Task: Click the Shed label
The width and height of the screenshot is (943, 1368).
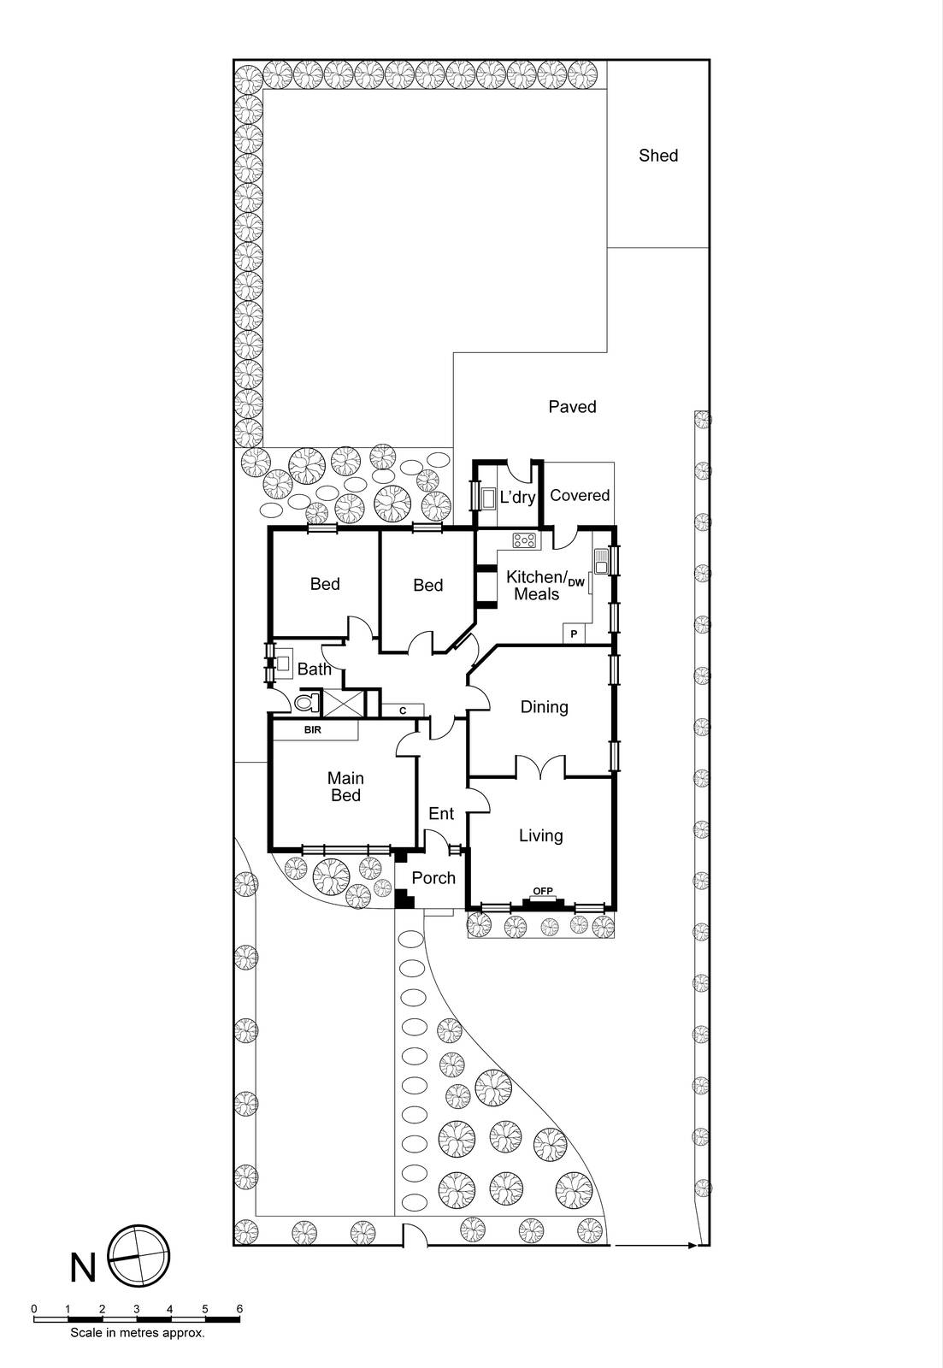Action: (x=658, y=156)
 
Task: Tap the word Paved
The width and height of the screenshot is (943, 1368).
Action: (x=572, y=407)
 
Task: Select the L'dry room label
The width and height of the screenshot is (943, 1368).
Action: (x=517, y=497)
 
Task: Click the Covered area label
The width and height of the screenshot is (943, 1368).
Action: (x=580, y=496)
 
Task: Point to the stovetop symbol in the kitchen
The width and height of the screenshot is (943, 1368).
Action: (x=524, y=540)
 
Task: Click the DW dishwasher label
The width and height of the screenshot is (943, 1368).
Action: (x=576, y=583)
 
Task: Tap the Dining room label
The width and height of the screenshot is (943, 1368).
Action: (x=544, y=707)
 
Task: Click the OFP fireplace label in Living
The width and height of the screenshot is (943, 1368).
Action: (x=543, y=892)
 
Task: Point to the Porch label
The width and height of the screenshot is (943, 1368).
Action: (x=433, y=878)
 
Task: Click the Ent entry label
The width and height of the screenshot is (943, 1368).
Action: (x=441, y=814)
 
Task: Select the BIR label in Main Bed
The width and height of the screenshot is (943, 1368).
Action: (x=312, y=731)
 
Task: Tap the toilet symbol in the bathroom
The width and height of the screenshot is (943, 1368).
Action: (x=305, y=704)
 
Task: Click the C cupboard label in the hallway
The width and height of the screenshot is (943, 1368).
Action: (x=402, y=711)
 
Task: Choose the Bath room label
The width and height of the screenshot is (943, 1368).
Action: (x=314, y=669)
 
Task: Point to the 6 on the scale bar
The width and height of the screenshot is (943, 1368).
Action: (x=239, y=1309)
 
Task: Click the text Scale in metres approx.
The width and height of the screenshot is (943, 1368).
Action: (x=137, y=1332)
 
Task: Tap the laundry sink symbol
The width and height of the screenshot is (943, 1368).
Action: (x=489, y=498)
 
